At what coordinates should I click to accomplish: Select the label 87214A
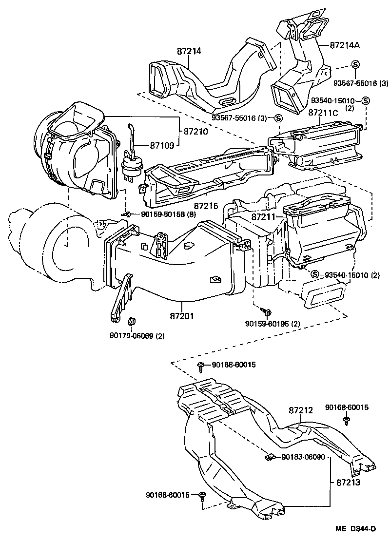click(345, 45)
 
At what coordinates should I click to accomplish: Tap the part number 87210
click(196, 131)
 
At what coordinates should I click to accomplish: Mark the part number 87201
click(182, 316)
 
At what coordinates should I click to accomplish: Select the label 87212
click(300, 410)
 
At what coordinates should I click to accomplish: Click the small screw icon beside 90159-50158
click(128, 213)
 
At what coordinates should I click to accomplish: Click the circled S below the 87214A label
click(355, 65)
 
